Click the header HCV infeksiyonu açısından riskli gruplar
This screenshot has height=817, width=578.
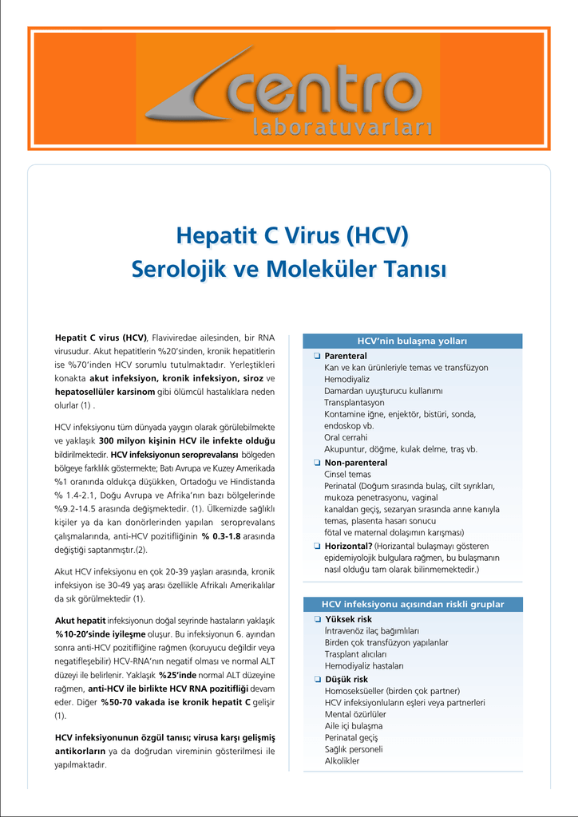(412, 604)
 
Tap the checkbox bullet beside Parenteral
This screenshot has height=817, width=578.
(317, 356)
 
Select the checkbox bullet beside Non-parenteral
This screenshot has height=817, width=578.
(317, 463)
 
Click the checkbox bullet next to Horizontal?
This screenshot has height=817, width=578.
(317, 546)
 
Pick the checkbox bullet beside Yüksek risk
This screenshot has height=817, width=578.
(317, 619)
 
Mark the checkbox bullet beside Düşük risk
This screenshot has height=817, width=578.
(317, 679)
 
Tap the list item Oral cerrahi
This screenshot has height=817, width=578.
(346, 437)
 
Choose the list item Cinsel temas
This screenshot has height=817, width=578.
(347, 474)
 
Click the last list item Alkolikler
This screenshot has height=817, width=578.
(342, 760)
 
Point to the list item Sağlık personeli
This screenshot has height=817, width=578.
(353, 749)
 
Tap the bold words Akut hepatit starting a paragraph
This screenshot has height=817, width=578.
(80, 620)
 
